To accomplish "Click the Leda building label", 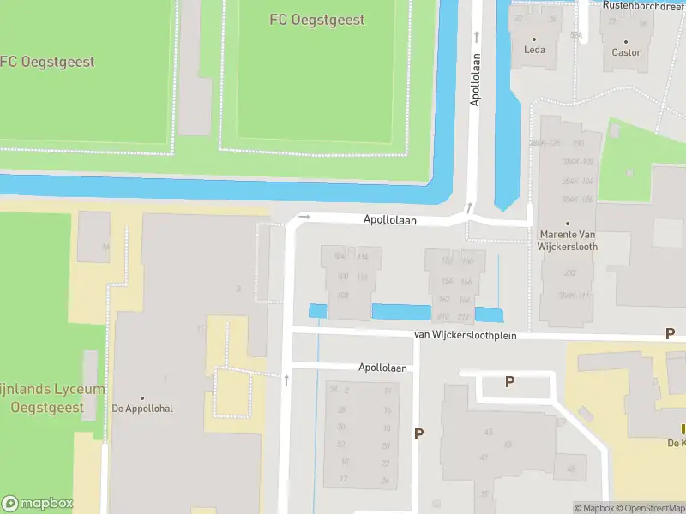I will (x=534, y=50).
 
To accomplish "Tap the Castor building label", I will (x=626, y=52).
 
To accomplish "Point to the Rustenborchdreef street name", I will (x=643, y=5).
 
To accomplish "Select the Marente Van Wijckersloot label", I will (x=568, y=240).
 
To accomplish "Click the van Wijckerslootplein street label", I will (x=466, y=335).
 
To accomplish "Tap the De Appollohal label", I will (x=142, y=409).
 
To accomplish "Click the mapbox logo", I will (x=37, y=504).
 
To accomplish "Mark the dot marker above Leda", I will (x=534, y=39).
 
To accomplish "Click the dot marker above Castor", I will (x=626, y=40).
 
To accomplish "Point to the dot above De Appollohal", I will (x=142, y=397).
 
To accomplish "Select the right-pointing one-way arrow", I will (x=304, y=218).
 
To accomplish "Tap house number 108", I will (x=342, y=295).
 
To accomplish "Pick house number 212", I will (x=444, y=315).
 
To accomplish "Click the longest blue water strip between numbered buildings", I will (x=401, y=312).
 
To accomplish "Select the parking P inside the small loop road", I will (x=509, y=382).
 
